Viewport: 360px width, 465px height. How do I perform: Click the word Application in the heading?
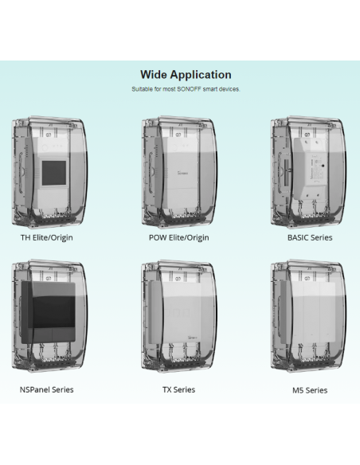201,75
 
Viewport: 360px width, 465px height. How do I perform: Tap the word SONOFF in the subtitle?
190,89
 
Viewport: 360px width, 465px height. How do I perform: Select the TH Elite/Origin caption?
46,237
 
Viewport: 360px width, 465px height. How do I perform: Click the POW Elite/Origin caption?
179,237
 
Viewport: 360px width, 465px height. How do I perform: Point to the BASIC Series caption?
310,237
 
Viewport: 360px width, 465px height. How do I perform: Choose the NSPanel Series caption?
46,389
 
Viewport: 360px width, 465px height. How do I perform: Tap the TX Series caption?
179,389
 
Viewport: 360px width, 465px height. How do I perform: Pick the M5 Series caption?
310,390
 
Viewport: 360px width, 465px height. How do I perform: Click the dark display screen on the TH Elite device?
54,174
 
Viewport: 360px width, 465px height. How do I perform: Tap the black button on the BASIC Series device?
323,166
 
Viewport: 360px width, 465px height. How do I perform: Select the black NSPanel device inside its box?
49,312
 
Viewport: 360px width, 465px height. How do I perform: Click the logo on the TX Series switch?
193,338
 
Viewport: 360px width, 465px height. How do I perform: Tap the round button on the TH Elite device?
45,147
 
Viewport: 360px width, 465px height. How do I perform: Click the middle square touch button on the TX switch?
178,312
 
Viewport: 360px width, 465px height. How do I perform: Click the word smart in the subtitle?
209,89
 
